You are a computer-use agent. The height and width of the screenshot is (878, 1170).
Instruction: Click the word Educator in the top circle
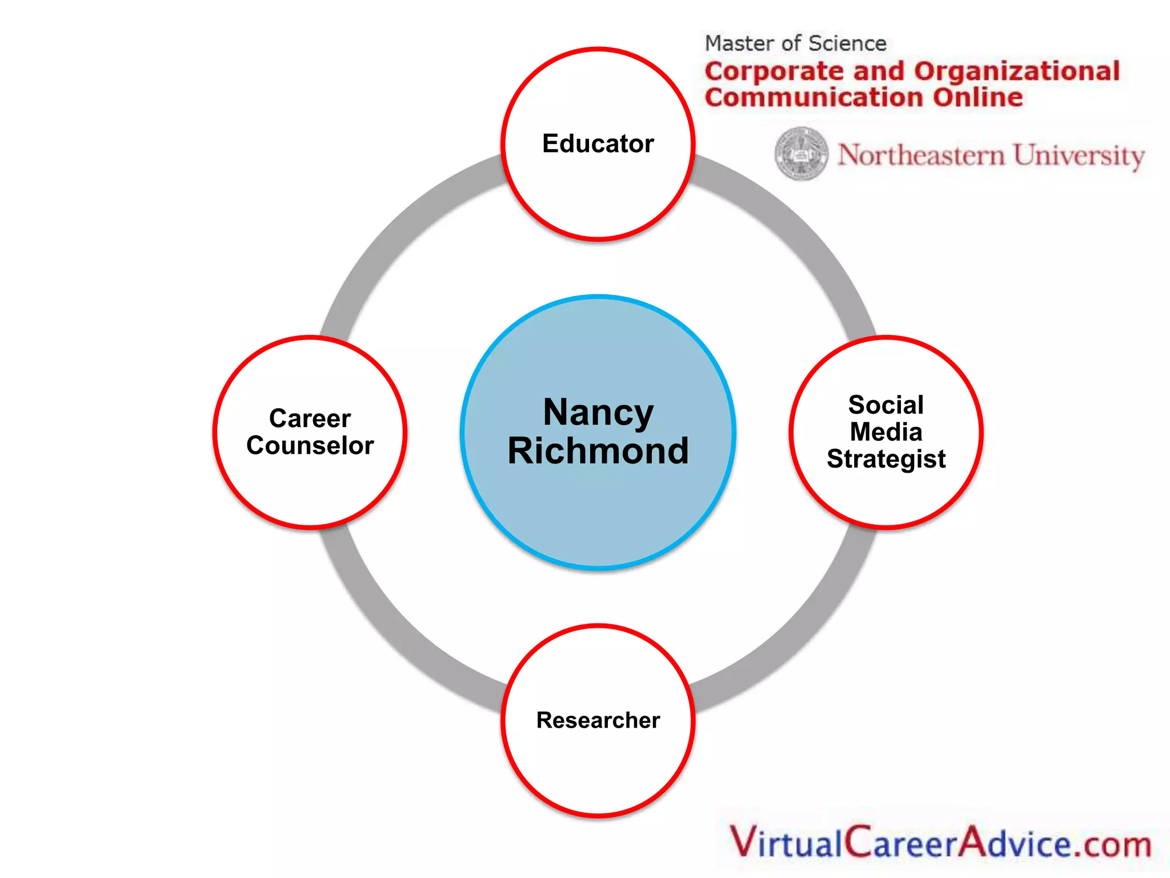coord(598,143)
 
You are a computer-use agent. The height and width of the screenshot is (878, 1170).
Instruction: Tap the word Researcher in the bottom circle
coord(598,720)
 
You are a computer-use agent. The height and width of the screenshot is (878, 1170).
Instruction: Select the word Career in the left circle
coord(310,418)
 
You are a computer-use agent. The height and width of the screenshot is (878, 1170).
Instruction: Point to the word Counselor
coord(310,446)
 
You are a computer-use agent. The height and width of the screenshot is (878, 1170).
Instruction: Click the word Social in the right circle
coord(885,405)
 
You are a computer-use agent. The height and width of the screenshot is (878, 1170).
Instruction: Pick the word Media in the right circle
coord(885,432)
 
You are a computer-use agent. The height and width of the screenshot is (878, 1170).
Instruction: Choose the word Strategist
coord(885,459)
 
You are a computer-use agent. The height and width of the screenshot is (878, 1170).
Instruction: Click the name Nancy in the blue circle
coord(598,413)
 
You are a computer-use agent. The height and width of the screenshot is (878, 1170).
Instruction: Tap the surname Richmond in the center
coord(598,452)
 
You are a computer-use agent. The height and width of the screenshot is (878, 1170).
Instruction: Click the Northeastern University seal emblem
coord(801,153)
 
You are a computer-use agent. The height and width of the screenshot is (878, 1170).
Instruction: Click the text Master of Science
coord(795,43)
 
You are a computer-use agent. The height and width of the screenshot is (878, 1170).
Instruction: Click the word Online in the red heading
coord(978,97)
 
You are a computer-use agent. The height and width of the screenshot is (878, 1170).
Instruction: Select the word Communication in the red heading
coord(814,97)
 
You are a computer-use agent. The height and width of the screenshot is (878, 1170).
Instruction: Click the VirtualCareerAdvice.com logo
coord(940,843)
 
